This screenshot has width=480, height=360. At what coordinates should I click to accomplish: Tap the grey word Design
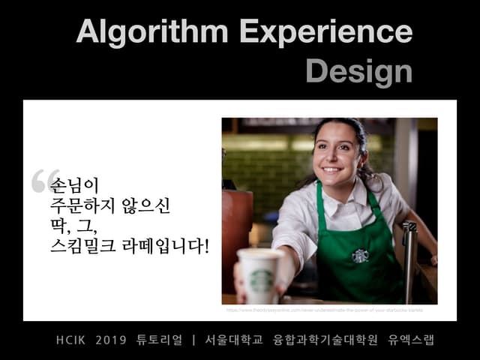click(358, 71)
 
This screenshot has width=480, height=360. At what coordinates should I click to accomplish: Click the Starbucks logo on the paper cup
click(260, 280)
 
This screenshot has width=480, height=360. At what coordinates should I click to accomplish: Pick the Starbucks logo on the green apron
click(360, 255)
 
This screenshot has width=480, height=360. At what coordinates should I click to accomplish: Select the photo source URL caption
click(324, 309)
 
